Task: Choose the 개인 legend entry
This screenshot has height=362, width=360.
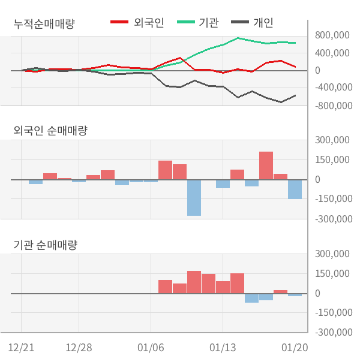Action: pyautogui.click(x=263, y=23)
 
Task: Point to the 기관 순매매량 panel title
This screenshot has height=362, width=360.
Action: pyautogui.click(x=46, y=245)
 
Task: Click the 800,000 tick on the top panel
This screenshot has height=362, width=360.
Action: pyautogui.click(x=332, y=35)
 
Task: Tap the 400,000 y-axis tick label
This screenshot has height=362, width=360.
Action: pyautogui.click(x=332, y=53)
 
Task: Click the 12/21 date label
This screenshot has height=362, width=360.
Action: pyautogui.click(x=22, y=348)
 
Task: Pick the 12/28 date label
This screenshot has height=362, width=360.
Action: pyautogui.click(x=79, y=348)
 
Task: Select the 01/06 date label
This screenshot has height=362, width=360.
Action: pyautogui.click(x=151, y=348)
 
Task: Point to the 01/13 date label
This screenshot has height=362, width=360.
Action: pyautogui.click(x=223, y=348)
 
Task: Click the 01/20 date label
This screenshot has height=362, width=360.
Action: pyautogui.click(x=295, y=348)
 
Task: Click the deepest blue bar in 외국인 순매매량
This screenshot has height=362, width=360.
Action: pyautogui.click(x=194, y=198)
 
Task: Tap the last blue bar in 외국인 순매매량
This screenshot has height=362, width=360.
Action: pyautogui.click(x=295, y=189)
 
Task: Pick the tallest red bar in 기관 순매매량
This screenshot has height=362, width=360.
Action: pyautogui.click(x=194, y=282)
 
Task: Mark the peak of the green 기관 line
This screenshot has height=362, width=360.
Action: pyautogui.click(x=238, y=38)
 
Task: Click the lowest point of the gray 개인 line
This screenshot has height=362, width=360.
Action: pyautogui.click(x=281, y=102)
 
